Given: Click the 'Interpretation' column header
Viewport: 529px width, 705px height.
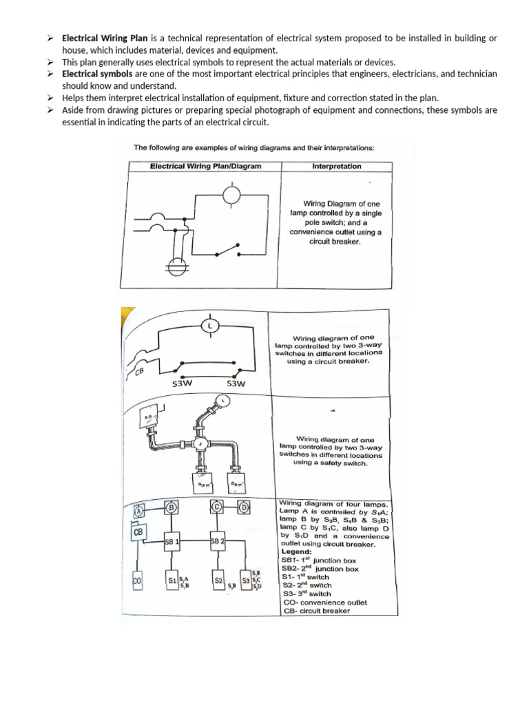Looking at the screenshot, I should (x=336, y=166).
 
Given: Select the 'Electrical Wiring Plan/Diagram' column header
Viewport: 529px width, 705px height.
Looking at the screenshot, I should (x=205, y=166).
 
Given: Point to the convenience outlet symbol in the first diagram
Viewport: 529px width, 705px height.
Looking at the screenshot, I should (x=176, y=264).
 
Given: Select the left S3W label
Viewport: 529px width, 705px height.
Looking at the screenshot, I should (x=180, y=383).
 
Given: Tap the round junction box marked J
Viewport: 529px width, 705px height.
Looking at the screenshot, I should (x=200, y=444).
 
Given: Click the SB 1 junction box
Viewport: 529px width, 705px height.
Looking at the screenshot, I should (x=172, y=541).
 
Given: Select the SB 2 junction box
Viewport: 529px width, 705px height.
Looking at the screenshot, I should (x=218, y=541).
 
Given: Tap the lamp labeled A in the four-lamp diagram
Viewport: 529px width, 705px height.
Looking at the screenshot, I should (x=138, y=511).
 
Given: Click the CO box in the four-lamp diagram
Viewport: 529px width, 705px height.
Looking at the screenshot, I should (x=136, y=582).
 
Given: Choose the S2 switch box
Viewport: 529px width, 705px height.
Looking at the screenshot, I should (x=218, y=582).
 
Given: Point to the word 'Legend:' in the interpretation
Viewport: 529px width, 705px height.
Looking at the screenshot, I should (x=296, y=551).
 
